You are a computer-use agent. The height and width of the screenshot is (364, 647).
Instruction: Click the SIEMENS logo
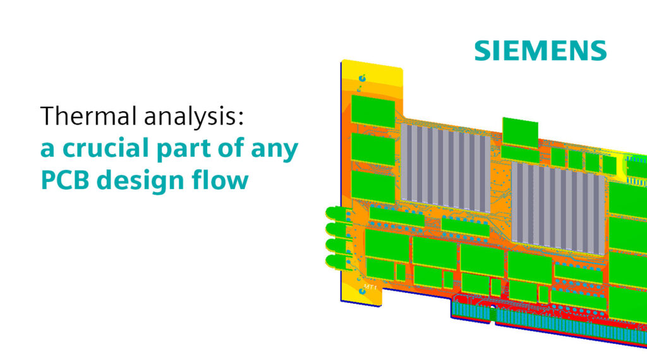tap(540, 50)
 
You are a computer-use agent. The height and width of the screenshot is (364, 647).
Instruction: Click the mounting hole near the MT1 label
tap(365, 291)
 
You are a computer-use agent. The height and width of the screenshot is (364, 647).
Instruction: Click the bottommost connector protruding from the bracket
tap(335, 260)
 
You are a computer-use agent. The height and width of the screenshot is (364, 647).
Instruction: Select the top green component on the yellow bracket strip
tap(373, 110)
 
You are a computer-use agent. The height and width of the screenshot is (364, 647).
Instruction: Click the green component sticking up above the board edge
tap(520, 131)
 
